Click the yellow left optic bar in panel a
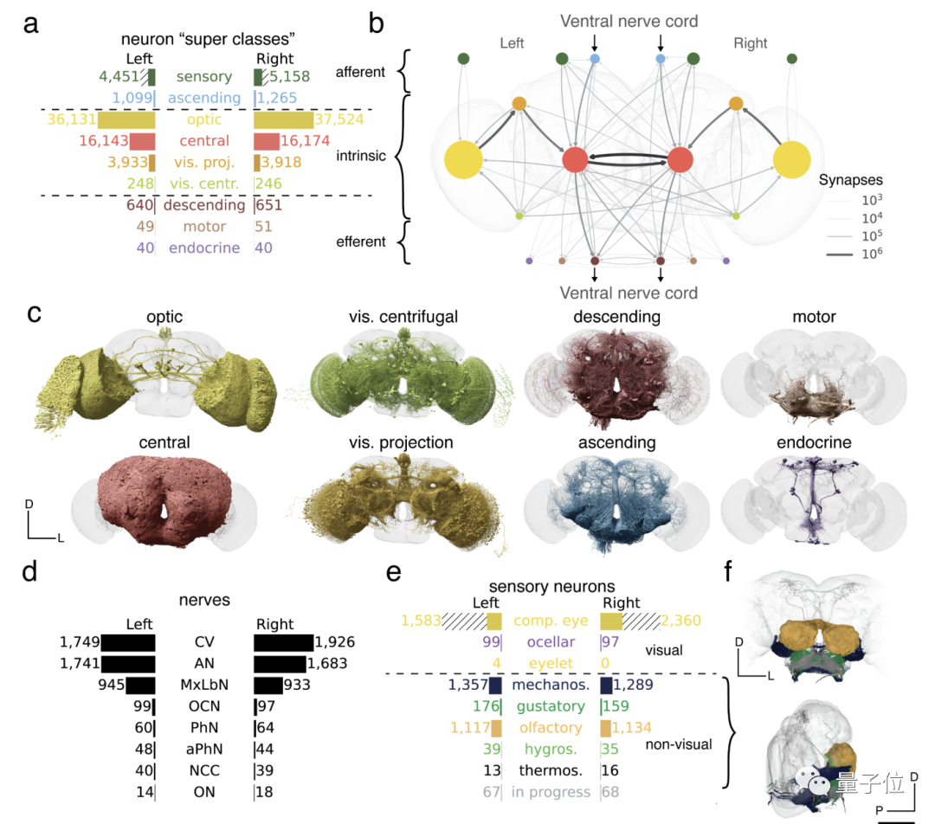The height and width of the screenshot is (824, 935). coord(126,119)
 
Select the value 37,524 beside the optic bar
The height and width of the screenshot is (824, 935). coord(339,119)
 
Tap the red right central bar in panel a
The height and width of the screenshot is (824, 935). coord(267,141)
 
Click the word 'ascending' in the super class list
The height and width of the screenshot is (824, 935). coord(204,98)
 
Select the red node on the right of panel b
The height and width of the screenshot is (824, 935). coord(680,161)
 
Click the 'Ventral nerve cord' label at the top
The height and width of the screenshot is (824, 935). coord(629,21)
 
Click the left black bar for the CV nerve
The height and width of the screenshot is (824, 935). coord(128,643)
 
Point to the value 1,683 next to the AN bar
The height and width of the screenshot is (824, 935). coord(330,664)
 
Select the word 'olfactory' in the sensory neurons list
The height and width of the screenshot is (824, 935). coord(551,728)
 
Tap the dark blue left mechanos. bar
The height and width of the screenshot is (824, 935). coord(495,686)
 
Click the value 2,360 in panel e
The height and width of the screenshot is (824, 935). coord(680,621)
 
